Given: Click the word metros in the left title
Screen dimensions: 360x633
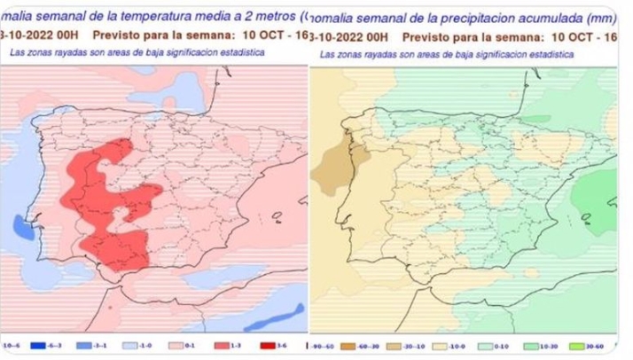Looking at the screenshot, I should coord(274,15).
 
